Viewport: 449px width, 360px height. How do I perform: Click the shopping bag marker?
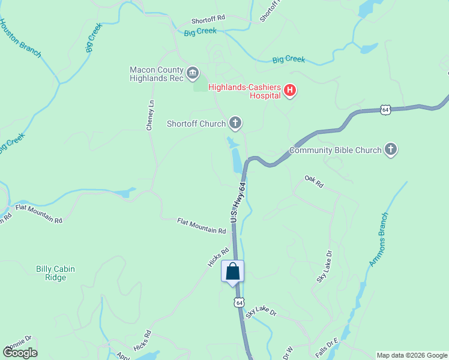pyautogui.click(x=233, y=271)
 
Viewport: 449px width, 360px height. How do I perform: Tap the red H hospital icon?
pyautogui.click(x=290, y=91)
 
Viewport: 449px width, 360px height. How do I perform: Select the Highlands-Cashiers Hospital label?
pyautogui.click(x=245, y=91)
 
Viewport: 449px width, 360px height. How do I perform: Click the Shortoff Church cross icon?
pyautogui.click(x=235, y=124)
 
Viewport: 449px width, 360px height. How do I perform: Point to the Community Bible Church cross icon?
pyautogui.click(x=391, y=150)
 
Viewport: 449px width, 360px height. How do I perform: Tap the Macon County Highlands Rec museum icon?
pyautogui.click(x=193, y=74)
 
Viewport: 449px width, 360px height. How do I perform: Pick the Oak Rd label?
pyautogui.click(x=314, y=181)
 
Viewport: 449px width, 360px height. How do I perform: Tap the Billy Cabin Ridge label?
pyautogui.click(x=55, y=274)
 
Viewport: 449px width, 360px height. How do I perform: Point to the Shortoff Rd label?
pyautogui.click(x=208, y=19)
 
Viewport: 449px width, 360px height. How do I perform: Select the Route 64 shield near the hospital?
pyautogui.click(x=385, y=110)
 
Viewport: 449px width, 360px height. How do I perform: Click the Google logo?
pyautogui.click(x=20, y=352)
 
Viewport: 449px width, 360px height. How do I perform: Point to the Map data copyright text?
pyautogui.click(x=412, y=355)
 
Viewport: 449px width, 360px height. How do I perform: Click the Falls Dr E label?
pyautogui.click(x=324, y=349)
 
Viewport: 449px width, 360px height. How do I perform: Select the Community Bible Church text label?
pyautogui.click(x=335, y=150)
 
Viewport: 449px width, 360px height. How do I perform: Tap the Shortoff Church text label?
pyautogui.click(x=196, y=124)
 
